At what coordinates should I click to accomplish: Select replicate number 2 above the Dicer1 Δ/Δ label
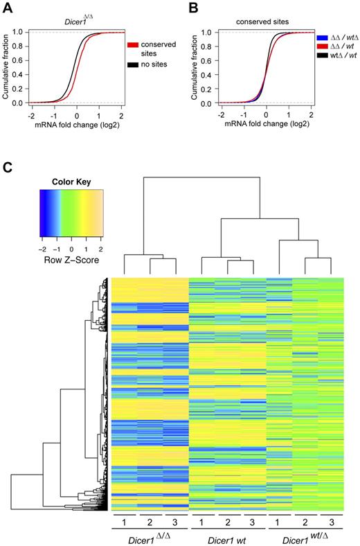tap(149, 520)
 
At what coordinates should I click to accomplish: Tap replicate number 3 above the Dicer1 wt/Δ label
tap(331, 520)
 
